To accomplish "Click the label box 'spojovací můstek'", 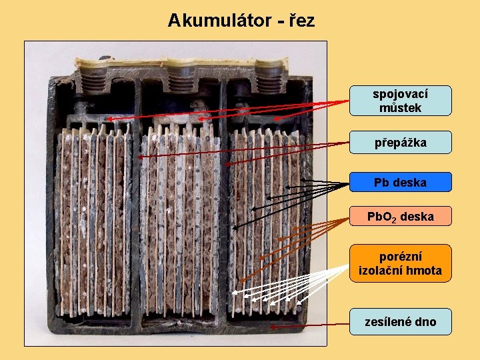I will tap(401, 101).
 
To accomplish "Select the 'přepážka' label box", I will tap(401, 143).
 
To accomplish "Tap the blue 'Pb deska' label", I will tap(401, 182).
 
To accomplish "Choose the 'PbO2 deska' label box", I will tap(401, 217).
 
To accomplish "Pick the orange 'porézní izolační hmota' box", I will tap(401, 263).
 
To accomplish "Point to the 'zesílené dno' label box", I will tap(401, 322).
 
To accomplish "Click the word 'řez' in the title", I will tap(302, 21).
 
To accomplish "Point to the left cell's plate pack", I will tap(93, 220).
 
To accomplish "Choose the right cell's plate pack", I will tap(267, 220).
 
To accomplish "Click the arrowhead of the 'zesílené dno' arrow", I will tap(273, 327).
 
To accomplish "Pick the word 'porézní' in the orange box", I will tap(401, 257).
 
